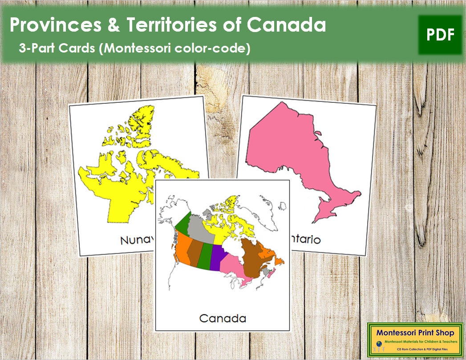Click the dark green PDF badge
click(x=440, y=35)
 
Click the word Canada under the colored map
click(x=222, y=318)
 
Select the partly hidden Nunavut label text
click(x=138, y=240)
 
